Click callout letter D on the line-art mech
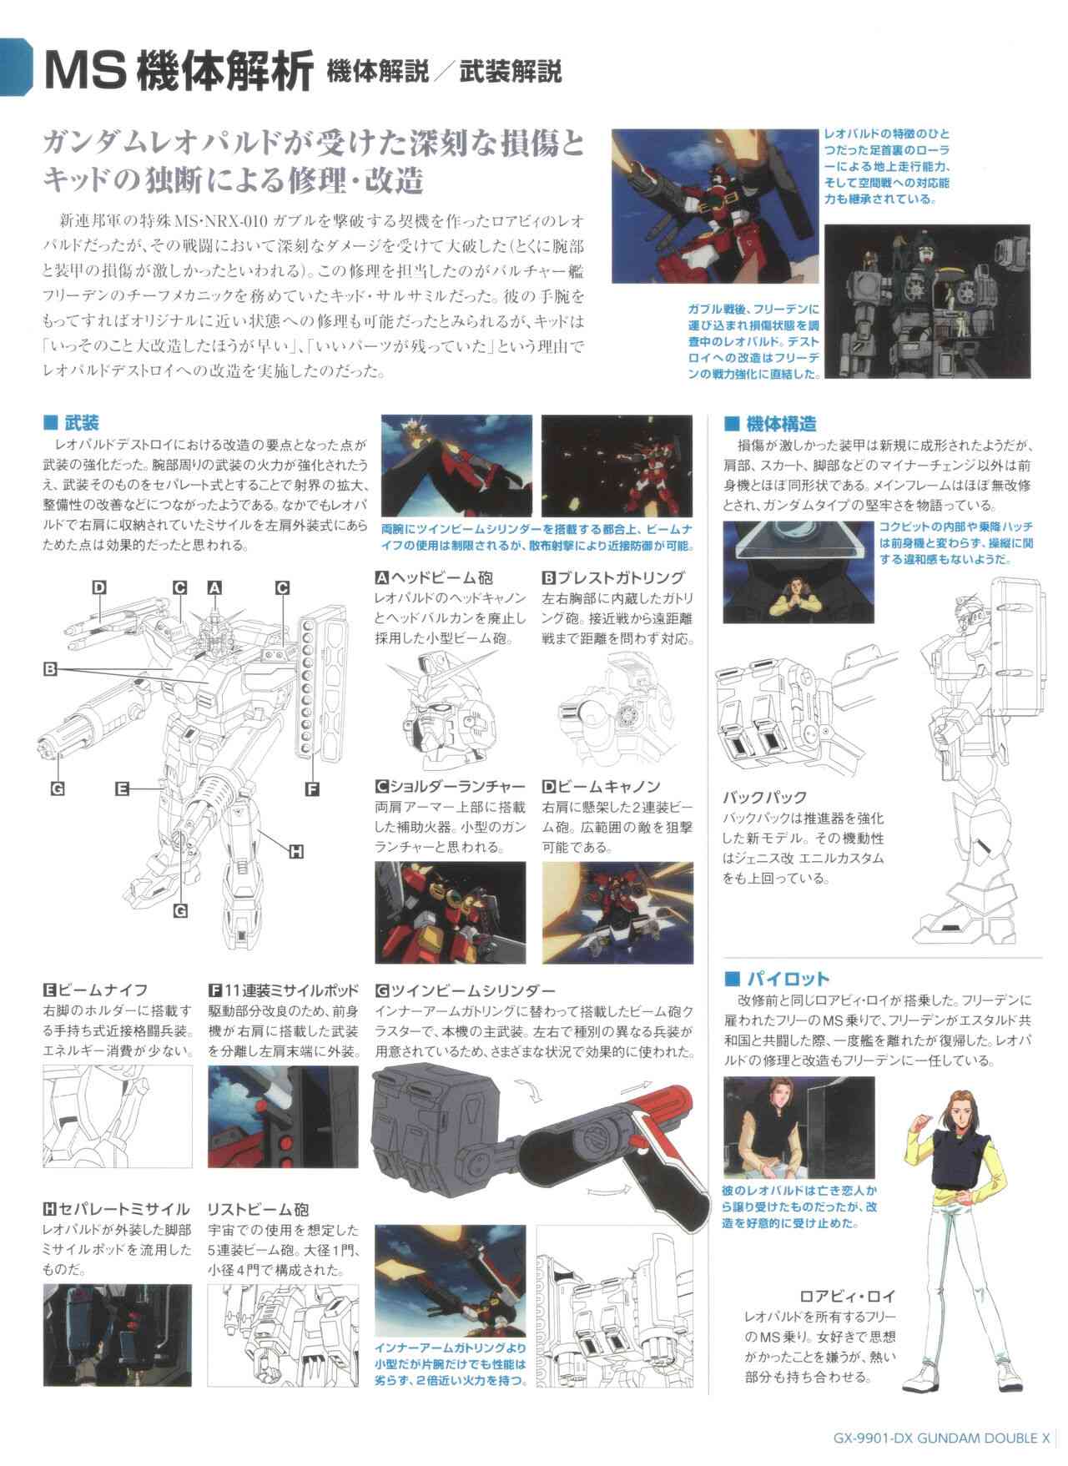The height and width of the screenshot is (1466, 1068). (99, 587)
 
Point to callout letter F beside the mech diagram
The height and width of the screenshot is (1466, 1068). (312, 787)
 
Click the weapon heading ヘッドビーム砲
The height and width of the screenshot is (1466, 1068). (441, 577)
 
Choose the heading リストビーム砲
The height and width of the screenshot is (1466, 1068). (259, 1209)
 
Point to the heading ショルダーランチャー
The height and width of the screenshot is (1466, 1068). (458, 786)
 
